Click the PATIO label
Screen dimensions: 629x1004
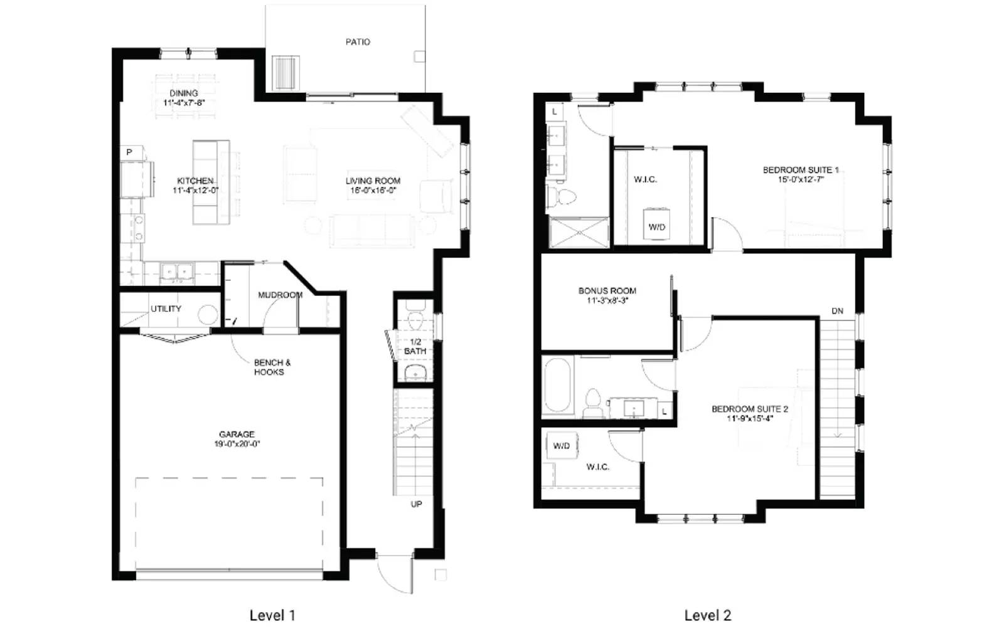coord(358,42)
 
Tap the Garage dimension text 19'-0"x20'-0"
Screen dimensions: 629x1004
coord(237,444)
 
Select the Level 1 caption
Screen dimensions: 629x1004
coord(272,615)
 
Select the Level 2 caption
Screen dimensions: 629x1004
coord(707,615)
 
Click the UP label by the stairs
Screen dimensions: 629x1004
coord(416,504)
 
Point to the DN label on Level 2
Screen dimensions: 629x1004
coord(837,311)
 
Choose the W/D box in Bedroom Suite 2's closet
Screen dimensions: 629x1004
coord(562,446)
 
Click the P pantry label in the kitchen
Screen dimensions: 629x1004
coord(129,152)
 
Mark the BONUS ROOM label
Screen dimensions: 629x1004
coord(607,291)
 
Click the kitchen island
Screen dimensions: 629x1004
coord(210,182)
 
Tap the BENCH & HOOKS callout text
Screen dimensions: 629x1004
coord(271,367)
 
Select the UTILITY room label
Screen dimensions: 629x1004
coord(166,309)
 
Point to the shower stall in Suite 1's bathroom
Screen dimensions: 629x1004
coord(579,233)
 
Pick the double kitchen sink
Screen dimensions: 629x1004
coord(177,272)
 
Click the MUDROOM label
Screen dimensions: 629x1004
coord(280,295)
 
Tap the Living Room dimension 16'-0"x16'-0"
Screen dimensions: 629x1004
coord(373,191)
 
